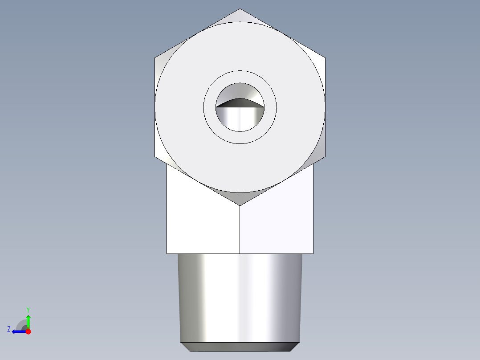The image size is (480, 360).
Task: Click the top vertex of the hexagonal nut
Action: pos(240,9)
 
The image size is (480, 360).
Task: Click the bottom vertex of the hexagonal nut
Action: pos(240,205)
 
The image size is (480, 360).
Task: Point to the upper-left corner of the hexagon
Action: pos(155,57)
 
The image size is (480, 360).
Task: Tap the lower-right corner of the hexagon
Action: pos(325,157)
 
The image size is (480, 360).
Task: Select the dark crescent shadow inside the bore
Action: pos(240,103)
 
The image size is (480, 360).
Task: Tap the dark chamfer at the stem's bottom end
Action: pos(240,347)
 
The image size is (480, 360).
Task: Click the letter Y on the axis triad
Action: pos(28,309)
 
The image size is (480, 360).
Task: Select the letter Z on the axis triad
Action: pos(9,329)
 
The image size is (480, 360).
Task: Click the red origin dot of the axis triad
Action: pos(28,331)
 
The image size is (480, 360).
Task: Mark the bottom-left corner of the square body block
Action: pos(167,254)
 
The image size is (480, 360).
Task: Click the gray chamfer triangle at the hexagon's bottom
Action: pos(240,198)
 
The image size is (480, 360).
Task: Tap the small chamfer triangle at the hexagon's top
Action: pos(240,16)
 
